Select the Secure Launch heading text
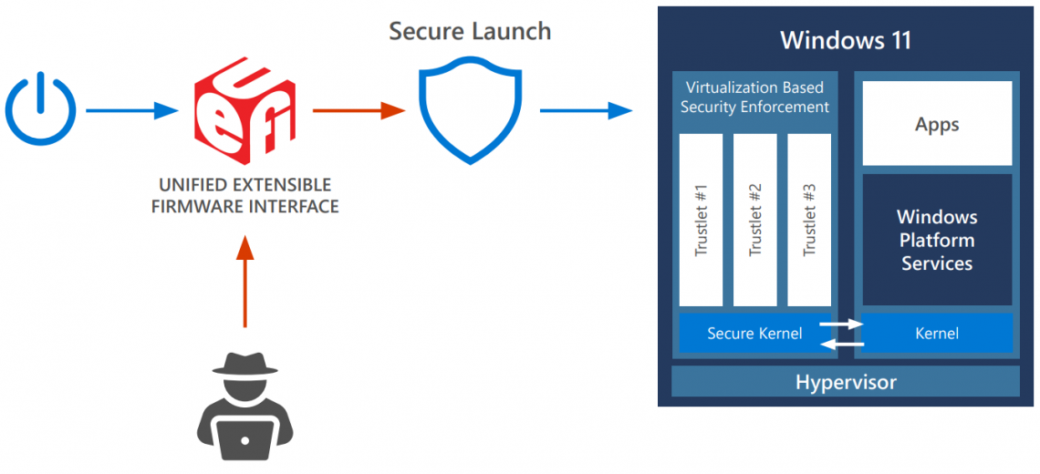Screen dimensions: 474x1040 (x=470, y=31)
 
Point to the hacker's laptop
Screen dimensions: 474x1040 (x=244, y=440)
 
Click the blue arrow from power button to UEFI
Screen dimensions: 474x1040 (x=131, y=111)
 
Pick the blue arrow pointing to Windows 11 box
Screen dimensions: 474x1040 (x=585, y=111)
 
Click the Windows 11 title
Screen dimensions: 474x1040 (x=846, y=40)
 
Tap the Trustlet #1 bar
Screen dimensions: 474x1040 (x=701, y=220)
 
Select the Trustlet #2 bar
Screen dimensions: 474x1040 (x=754, y=220)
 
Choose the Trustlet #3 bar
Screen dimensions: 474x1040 (x=809, y=220)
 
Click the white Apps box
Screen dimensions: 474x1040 (x=937, y=123)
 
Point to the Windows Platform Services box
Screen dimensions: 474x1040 (x=937, y=240)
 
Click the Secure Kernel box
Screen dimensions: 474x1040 (x=754, y=334)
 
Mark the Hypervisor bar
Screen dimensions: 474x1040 (x=846, y=382)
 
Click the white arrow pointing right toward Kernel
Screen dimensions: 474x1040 (x=841, y=324)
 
